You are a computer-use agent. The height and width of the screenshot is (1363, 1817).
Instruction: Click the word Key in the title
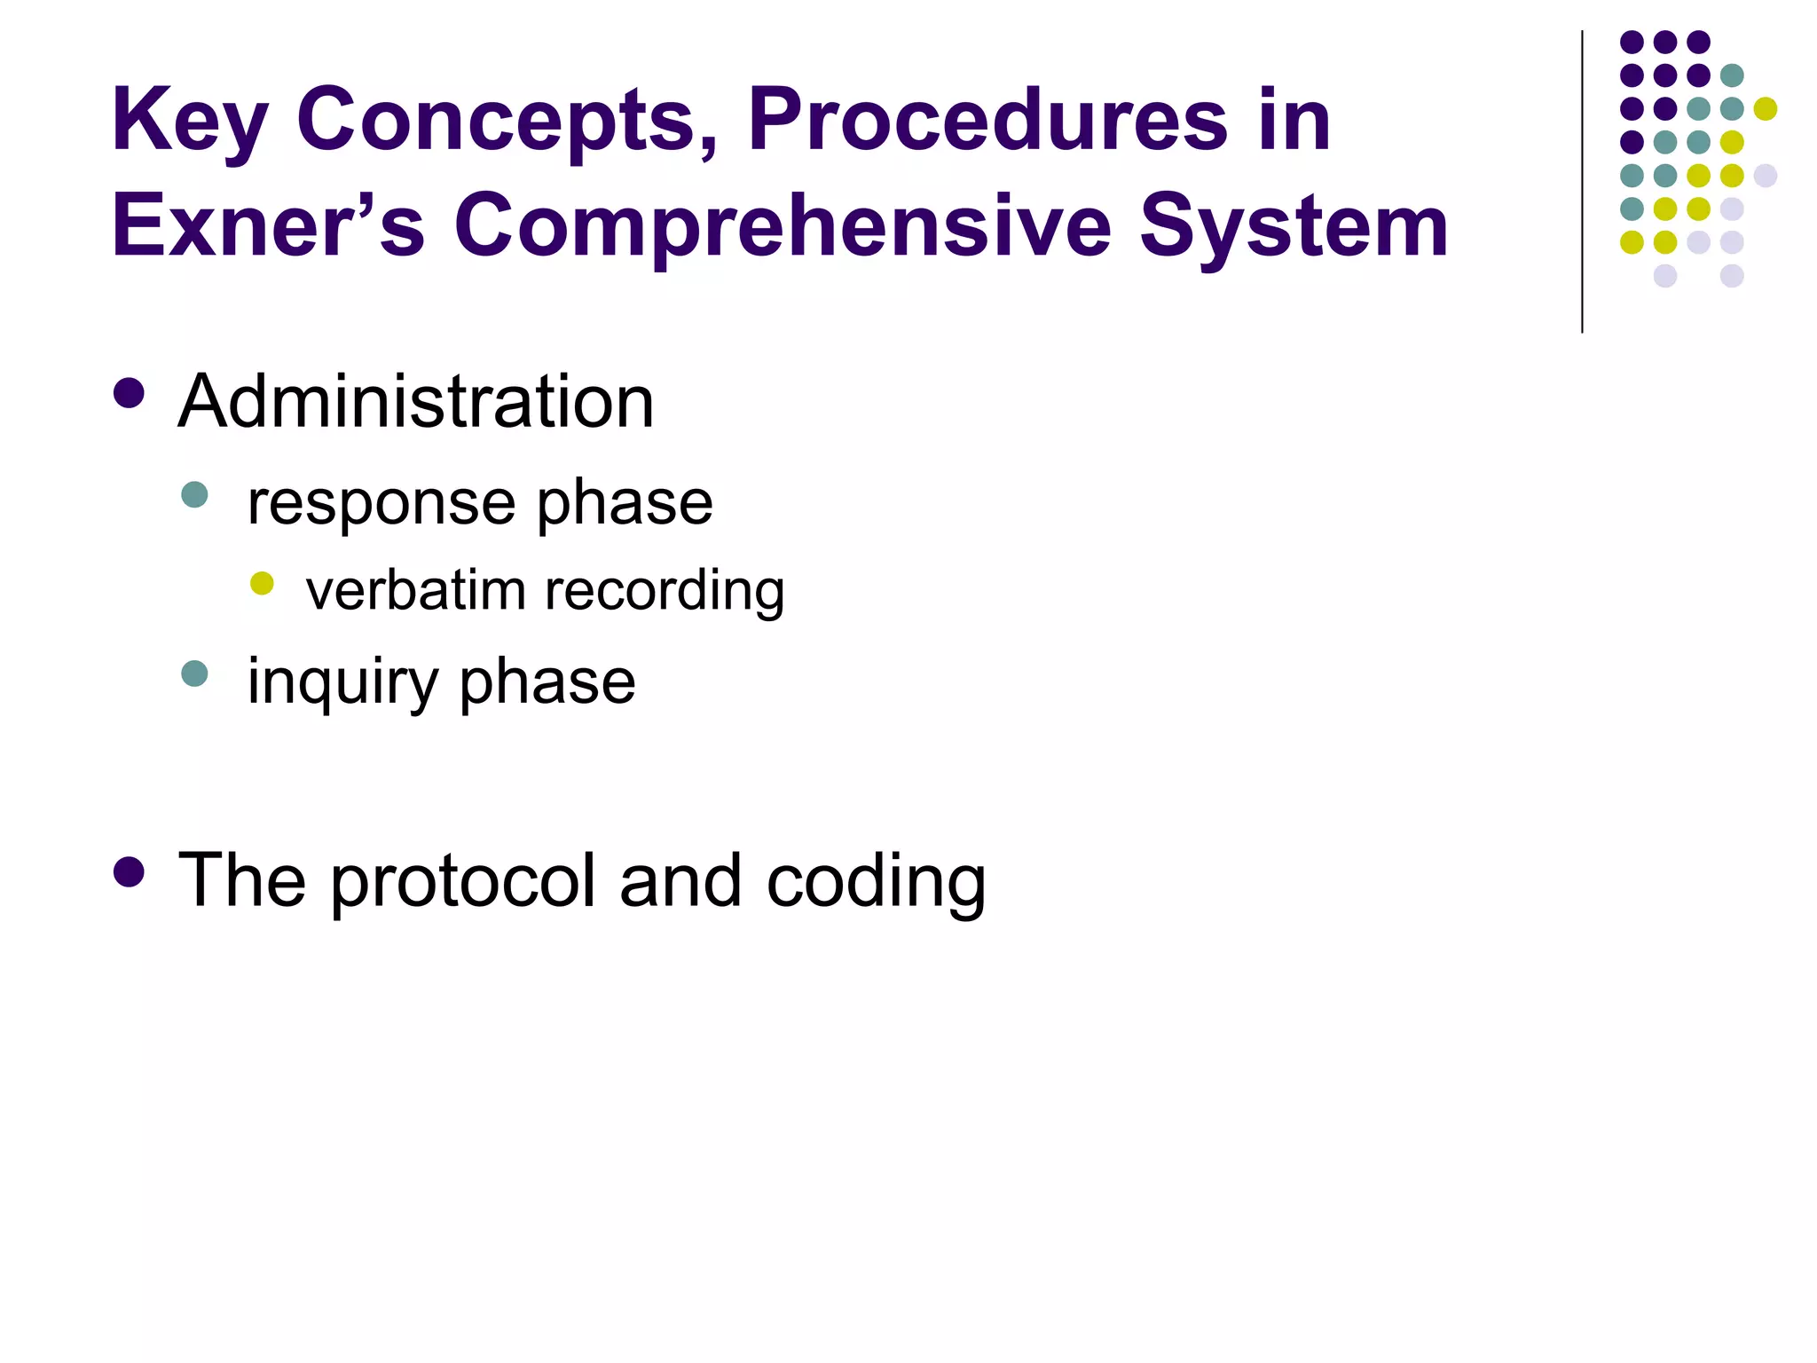(188, 122)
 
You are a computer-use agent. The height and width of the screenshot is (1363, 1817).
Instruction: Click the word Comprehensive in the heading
(783, 227)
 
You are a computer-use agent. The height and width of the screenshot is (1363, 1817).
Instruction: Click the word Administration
(416, 401)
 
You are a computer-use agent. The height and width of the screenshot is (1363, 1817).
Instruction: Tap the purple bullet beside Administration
(130, 393)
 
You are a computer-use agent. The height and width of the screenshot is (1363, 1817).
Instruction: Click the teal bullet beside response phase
(194, 494)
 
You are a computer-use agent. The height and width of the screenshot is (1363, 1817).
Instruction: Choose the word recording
(665, 592)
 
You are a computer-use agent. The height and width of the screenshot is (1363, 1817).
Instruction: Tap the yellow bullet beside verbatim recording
(262, 583)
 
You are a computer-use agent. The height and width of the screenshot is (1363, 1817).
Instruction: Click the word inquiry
(342, 683)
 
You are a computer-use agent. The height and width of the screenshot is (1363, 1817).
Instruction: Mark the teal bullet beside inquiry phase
(194, 674)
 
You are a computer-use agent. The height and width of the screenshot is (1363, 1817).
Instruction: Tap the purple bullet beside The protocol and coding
(130, 872)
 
